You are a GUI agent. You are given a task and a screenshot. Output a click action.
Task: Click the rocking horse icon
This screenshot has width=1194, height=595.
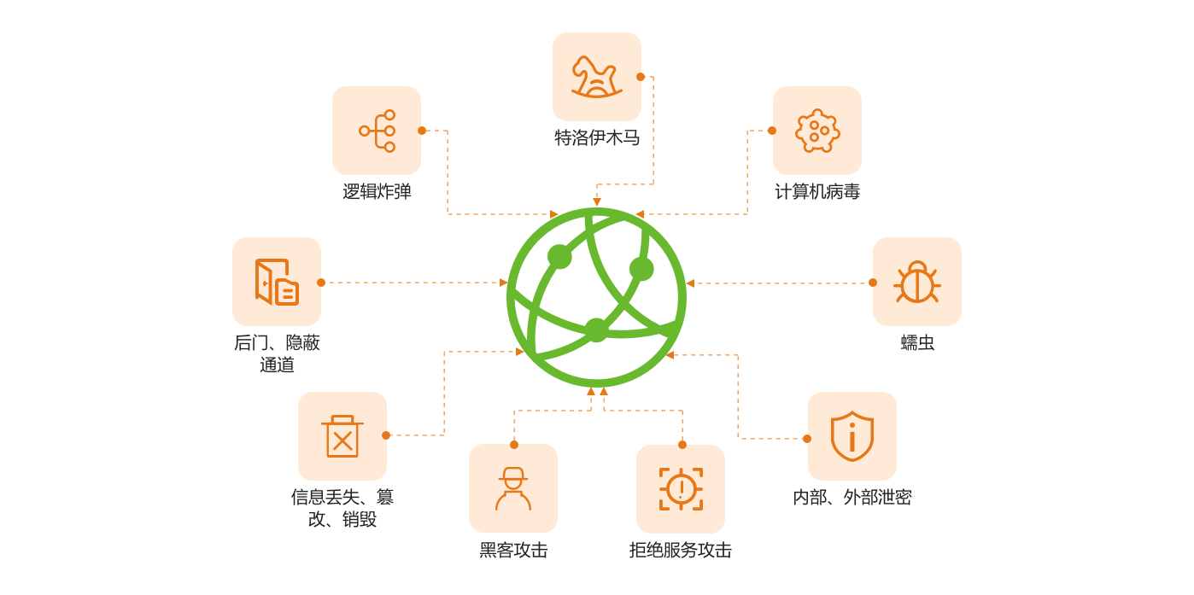tap(596, 76)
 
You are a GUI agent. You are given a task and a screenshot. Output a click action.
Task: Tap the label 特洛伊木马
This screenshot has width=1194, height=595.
tap(596, 137)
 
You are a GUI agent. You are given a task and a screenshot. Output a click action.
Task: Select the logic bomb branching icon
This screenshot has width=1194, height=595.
tap(377, 131)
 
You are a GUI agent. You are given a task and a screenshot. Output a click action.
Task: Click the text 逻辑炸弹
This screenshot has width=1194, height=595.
tap(377, 192)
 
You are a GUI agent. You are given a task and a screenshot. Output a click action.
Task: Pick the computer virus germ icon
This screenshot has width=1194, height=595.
tap(816, 131)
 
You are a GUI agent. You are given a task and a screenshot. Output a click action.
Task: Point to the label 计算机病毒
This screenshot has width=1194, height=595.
tap(816, 192)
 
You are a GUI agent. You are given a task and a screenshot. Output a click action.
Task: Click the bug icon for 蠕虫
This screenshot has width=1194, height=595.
tap(916, 282)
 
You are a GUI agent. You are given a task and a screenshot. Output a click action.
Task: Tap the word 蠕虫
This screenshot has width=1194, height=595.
tap(916, 343)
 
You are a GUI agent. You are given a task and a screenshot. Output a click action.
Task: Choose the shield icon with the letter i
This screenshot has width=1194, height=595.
tap(852, 436)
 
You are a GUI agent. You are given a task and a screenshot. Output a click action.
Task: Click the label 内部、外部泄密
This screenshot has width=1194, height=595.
tap(852, 498)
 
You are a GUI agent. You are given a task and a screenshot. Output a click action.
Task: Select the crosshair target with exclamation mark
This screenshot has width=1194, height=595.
tap(681, 488)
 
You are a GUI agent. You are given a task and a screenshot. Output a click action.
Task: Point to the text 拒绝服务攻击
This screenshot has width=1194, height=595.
tap(681, 551)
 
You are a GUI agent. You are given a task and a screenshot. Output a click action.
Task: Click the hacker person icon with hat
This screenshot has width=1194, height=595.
tap(513, 488)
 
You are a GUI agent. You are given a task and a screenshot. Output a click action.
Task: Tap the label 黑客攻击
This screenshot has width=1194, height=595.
tap(513, 551)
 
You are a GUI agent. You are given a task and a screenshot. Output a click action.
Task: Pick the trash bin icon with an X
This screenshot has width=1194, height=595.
tap(342, 436)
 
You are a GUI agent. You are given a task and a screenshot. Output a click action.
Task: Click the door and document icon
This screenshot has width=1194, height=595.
tap(277, 282)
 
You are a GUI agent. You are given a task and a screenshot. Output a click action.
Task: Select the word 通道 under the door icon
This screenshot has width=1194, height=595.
tap(277, 365)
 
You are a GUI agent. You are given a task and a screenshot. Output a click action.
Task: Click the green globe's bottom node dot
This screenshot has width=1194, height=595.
tap(596, 330)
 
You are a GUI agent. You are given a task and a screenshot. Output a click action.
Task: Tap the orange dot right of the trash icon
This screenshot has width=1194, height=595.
tap(386, 435)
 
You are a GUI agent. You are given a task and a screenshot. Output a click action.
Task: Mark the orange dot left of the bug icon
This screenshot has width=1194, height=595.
tap(873, 283)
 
